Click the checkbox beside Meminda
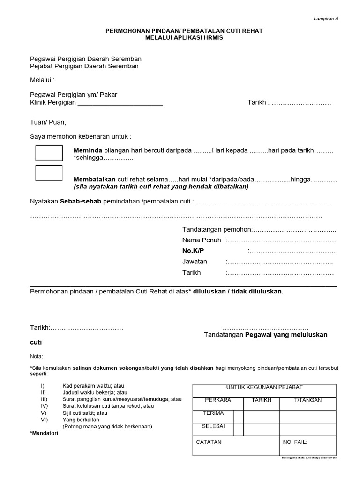[x=49, y=153]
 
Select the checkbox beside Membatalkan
[x=49, y=173]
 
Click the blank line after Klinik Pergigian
[x=120, y=103]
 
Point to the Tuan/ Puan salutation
[x=48, y=122]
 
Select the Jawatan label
[x=195, y=262]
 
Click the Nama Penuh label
[x=202, y=240]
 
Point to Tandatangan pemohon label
[x=217, y=229]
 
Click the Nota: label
[x=37, y=356]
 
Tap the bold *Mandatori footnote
[x=44, y=433]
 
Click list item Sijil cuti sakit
[x=85, y=413]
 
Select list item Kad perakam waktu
[x=93, y=386]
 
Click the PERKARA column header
[x=218, y=400]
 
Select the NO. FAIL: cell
[x=295, y=442]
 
